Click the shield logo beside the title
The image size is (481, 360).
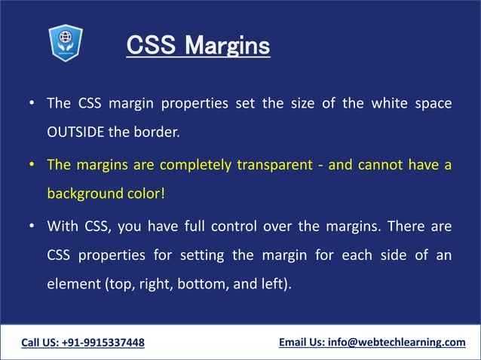pos(65,42)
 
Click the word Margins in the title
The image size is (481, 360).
pos(227,46)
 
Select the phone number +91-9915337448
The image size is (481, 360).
pos(106,343)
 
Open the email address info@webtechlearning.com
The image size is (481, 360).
pos(397,343)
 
